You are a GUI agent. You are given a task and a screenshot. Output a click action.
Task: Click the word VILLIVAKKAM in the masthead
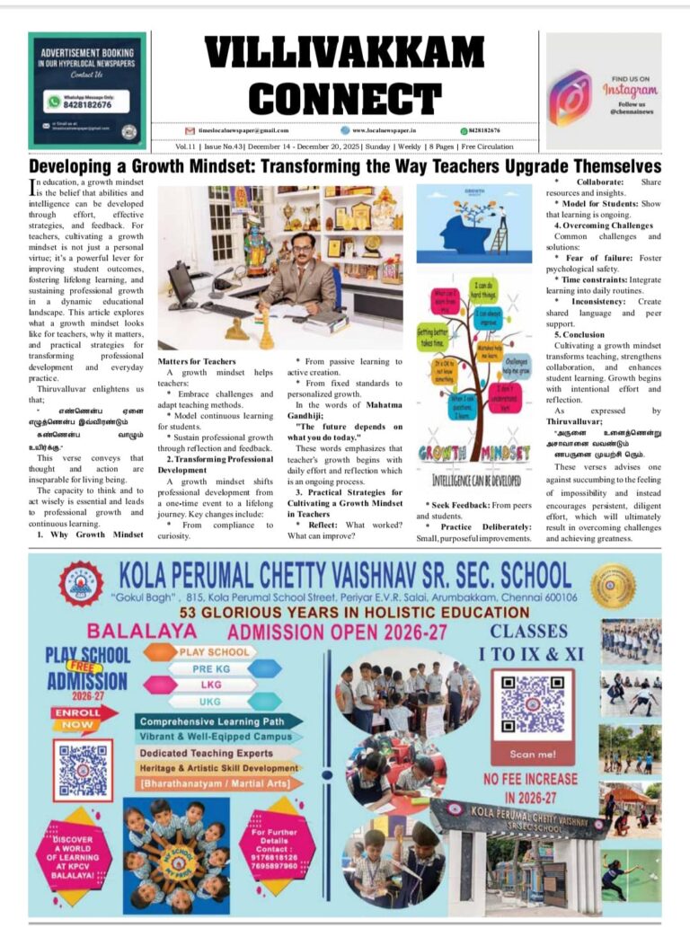[344, 53]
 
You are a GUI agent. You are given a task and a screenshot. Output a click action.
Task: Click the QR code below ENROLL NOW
[83, 770]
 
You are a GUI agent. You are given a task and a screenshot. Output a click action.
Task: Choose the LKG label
[212, 685]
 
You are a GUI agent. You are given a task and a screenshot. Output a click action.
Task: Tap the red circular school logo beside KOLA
[81, 582]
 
